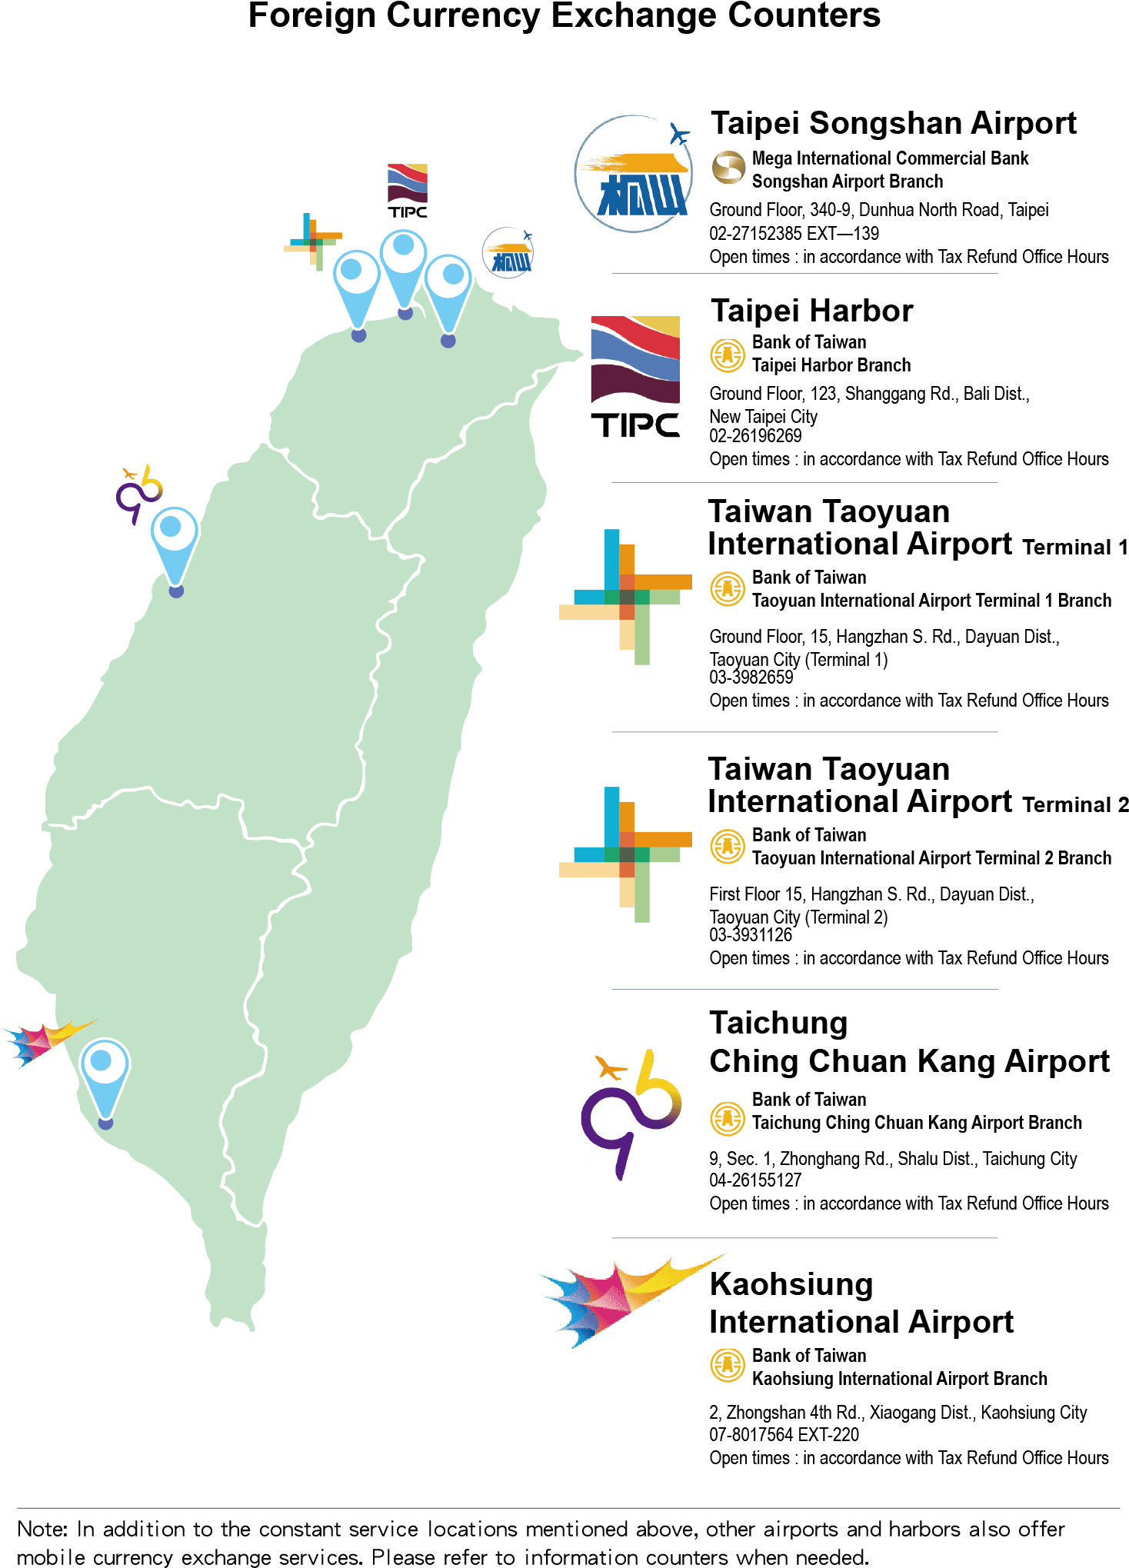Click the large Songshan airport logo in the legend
pyautogui.click(x=634, y=173)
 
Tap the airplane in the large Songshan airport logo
pyautogui.click(x=679, y=135)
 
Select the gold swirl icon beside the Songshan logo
pyautogui.click(x=728, y=168)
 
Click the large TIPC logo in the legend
pyautogui.click(x=634, y=377)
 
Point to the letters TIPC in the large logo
pyautogui.click(x=634, y=424)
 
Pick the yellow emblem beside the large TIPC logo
pyautogui.click(x=728, y=356)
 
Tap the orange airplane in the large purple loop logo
pyautogui.click(x=611, y=1068)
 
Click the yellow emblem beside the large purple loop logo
pyautogui.click(x=728, y=1120)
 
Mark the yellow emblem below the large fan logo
pyautogui.click(x=728, y=1366)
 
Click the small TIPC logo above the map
pyautogui.click(x=408, y=191)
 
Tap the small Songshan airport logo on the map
pyautogui.click(x=508, y=253)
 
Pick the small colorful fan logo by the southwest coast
pyautogui.click(x=46, y=1041)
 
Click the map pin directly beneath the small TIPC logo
pyautogui.click(x=404, y=269)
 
